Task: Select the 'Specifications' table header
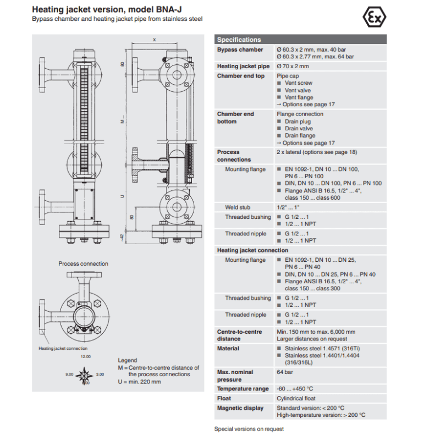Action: pyautogui.click(x=239, y=40)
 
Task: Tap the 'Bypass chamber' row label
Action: pyautogui.click(x=240, y=50)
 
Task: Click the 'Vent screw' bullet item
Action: pyautogui.click(x=298, y=83)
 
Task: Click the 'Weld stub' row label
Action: pyautogui.click(x=238, y=207)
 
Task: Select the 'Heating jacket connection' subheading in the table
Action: pyautogui.click(x=252, y=250)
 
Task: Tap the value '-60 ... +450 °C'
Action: pyautogui.click(x=295, y=389)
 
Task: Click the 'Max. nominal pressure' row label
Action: pyautogui.click(x=235, y=376)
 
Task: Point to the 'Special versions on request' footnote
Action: pyautogui.click(x=249, y=428)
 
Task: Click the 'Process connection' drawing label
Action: pyautogui.click(x=84, y=263)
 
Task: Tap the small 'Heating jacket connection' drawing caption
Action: pyautogui.click(x=63, y=348)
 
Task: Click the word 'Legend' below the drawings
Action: pyautogui.click(x=128, y=360)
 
